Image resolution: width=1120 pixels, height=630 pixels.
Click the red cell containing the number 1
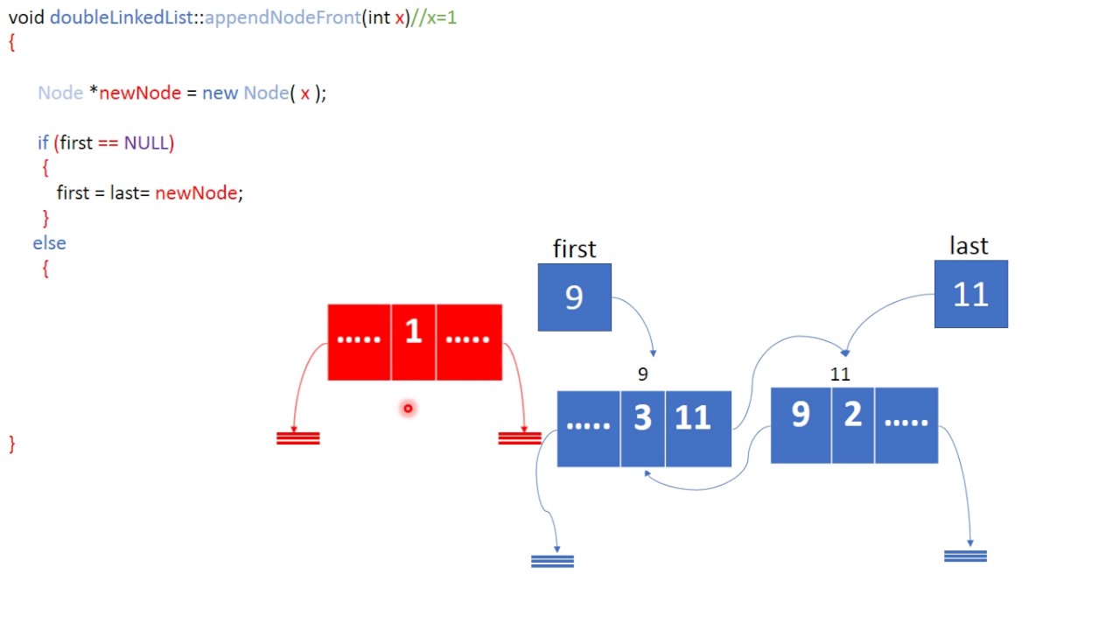413,342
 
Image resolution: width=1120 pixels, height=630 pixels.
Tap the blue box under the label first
574,297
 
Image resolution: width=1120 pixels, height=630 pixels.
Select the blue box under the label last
970,295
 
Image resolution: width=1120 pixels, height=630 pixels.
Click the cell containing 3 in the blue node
642,428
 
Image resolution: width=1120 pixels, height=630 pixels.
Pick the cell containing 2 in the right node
852,425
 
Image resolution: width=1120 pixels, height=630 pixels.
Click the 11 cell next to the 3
697,428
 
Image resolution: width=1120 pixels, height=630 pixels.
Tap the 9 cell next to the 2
800,425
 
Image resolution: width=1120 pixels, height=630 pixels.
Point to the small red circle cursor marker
408,408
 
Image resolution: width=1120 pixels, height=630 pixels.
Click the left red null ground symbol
297,438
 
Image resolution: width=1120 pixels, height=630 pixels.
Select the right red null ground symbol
520,438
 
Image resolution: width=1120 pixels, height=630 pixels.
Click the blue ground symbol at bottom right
965,556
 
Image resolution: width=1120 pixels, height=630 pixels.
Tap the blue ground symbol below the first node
552,561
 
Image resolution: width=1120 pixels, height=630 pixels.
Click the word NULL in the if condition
146,143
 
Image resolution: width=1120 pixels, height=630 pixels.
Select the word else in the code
49,243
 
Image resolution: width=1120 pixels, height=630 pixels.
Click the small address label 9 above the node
642,374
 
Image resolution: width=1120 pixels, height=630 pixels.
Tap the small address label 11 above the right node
839,374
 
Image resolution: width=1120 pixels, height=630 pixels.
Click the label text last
969,246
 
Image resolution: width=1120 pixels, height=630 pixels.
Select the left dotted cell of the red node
359,342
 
